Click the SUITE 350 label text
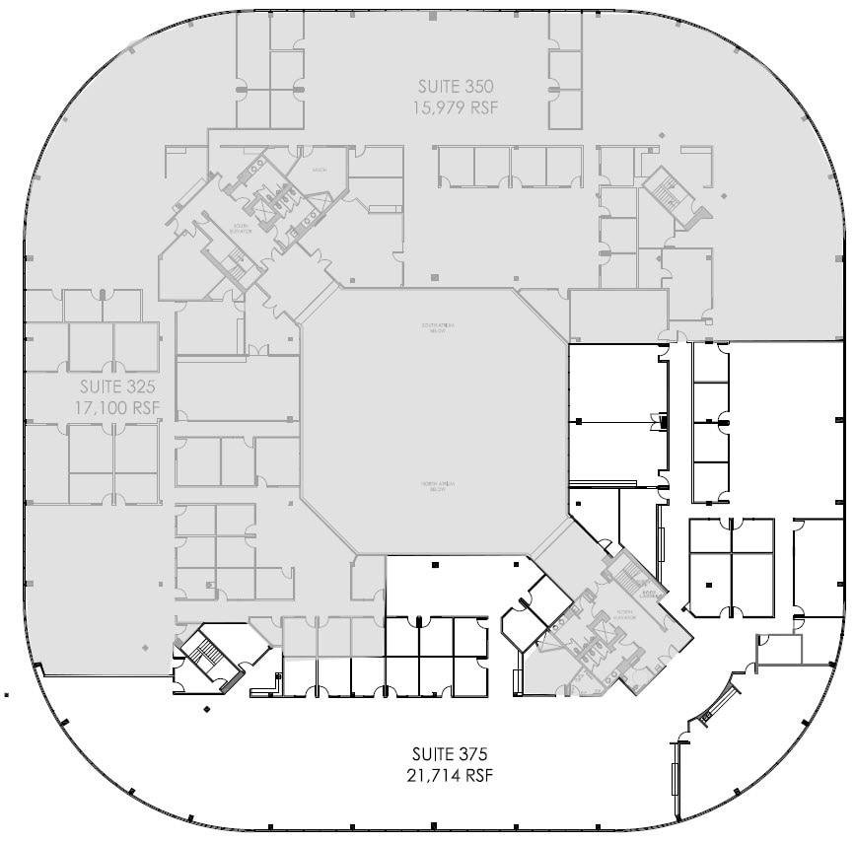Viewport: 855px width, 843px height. tap(455, 85)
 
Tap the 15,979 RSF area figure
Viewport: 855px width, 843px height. tap(455, 106)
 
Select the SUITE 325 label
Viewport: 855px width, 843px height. tap(117, 385)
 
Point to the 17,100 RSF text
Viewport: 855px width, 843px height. tap(117, 406)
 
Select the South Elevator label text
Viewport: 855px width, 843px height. tap(242, 229)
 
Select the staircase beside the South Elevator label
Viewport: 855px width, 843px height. tap(238, 260)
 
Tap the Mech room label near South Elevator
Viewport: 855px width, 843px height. tap(320, 170)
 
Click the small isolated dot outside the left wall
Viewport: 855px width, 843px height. tap(7, 693)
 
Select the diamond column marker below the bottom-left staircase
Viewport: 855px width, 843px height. tap(206, 709)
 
